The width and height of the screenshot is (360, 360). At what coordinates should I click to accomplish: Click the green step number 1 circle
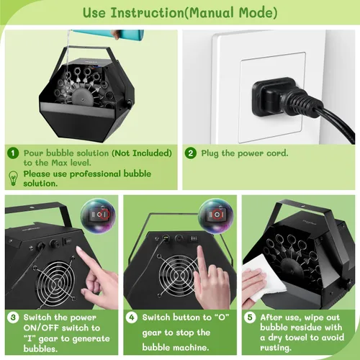(13, 153)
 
